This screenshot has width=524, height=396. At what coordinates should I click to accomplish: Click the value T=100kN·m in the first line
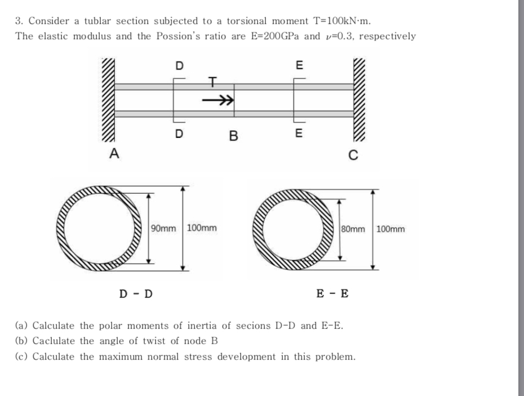click(x=341, y=21)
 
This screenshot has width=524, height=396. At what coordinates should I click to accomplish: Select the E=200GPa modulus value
click(x=274, y=37)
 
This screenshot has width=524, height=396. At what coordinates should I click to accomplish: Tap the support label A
click(x=114, y=153)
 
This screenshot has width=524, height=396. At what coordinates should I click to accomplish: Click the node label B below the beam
click(x=234, y=136)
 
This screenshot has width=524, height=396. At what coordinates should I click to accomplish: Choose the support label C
click(x=353, y=156)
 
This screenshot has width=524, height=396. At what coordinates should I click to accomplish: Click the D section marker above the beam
click(x=179, y=65)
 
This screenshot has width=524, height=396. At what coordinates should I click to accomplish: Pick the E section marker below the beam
click(x=299, y=134)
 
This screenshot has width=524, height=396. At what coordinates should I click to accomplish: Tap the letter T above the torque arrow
click(x=212, y=83)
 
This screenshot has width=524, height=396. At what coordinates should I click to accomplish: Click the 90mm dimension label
click(x=164, y=229)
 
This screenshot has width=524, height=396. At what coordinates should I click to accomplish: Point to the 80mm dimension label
click(x=354, y=229)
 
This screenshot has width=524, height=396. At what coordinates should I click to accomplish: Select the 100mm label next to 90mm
click(x=201, y=229)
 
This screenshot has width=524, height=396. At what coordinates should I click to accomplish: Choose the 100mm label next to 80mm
click(x=390, y=229)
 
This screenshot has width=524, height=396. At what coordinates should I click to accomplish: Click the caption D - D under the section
click(x=136, y=293)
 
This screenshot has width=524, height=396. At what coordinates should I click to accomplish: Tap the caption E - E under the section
click(x=332, y=293)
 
